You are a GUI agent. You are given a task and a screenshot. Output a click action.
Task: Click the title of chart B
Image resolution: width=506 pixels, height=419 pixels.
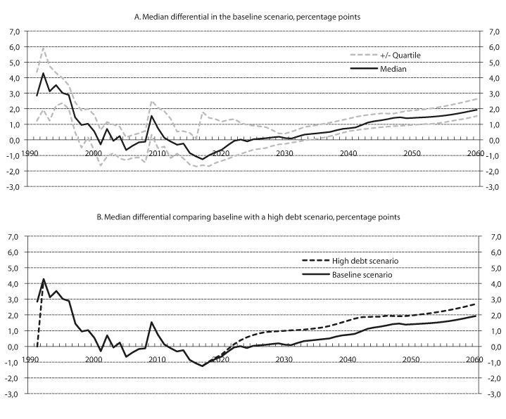coord(253,218)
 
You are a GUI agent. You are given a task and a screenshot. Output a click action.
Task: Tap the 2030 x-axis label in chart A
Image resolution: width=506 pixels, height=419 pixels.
coord(284,153)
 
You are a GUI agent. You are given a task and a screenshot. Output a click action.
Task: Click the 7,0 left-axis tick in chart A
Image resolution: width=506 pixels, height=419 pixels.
coord(14,32)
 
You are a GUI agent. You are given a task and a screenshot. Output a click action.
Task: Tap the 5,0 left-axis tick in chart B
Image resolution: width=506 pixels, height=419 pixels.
coord(14,269)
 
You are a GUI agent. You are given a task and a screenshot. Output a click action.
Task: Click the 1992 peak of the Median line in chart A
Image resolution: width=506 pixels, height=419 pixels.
coord(44,73)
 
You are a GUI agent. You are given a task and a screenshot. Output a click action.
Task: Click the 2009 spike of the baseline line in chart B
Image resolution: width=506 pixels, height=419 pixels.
coord(152,323)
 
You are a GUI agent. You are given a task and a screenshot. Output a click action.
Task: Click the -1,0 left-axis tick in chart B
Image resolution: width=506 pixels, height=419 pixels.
coord(13,363)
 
